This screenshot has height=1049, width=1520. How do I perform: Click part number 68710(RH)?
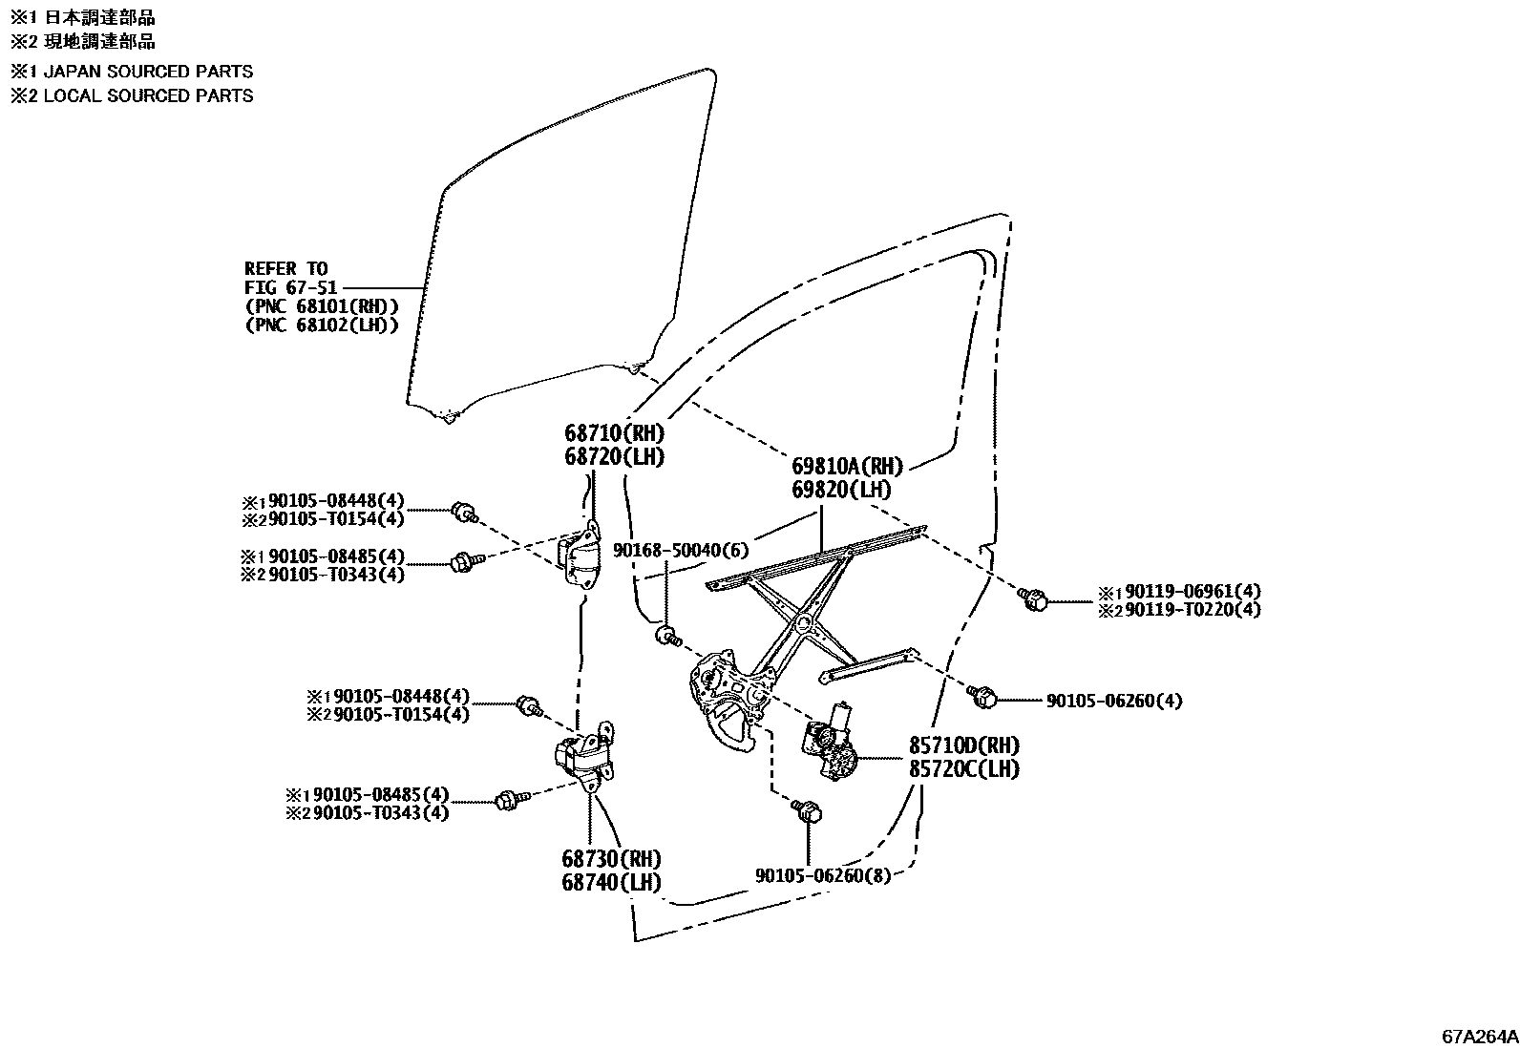point(613,433)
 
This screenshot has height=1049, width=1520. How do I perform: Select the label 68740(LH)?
point(611,882)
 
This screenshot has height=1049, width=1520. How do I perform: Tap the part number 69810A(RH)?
point(847,467)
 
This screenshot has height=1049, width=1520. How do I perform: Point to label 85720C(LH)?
point(963,768)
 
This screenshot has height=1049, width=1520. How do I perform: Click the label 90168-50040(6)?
point(681,550)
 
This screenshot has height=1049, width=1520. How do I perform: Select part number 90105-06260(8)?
point(822,874)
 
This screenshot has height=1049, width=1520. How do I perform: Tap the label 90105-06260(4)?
point(1113,701)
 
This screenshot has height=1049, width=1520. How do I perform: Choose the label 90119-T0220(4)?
point(1193,610)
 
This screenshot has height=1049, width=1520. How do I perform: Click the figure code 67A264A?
point(1479,1036)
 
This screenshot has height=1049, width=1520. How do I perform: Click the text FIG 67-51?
point(286,286)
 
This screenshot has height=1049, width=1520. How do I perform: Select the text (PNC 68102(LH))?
point(321,325)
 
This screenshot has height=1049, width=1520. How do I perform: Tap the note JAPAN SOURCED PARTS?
point(148,72)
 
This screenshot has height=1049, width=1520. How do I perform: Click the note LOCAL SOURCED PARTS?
point(148,95)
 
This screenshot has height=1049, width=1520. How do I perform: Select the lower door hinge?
point(582,758)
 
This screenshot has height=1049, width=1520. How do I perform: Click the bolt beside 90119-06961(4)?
point(1033,600)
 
